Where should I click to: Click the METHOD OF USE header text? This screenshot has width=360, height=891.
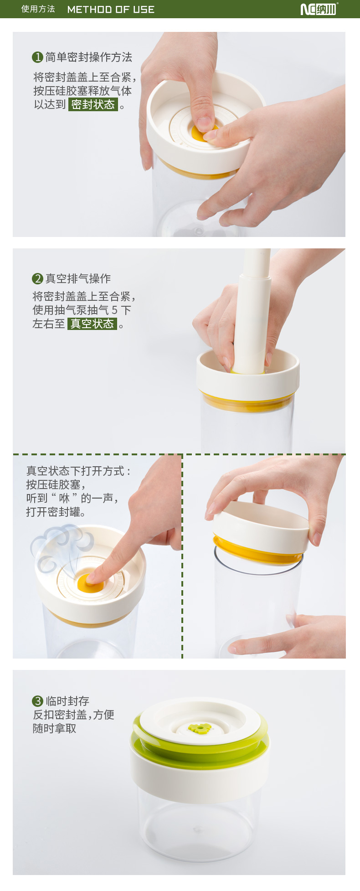coord(111,10)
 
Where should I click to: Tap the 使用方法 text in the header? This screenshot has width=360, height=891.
coord(38,9)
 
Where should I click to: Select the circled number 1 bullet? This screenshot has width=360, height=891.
coord(37,57)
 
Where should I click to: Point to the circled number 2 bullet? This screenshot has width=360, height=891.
coord(37,278)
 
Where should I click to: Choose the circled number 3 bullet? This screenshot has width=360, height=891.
coord(37,701)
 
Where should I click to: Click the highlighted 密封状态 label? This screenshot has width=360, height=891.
coord(93,104)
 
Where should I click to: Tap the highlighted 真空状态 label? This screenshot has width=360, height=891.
coord(93,324)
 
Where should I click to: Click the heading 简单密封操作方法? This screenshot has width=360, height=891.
coord(89,57)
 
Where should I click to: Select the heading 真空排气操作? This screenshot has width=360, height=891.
coord(78,278)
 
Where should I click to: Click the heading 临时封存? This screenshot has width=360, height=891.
coord(67,701)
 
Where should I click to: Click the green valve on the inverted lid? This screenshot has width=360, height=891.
coord(200,728)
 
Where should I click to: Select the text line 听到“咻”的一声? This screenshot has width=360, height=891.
coord(72,498)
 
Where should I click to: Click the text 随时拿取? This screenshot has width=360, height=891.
coord(55,728)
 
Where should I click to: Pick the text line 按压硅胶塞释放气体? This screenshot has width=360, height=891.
coord(82,91)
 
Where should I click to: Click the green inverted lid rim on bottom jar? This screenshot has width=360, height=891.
coord(201,747)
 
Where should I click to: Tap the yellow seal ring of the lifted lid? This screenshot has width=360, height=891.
coord(257,551)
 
